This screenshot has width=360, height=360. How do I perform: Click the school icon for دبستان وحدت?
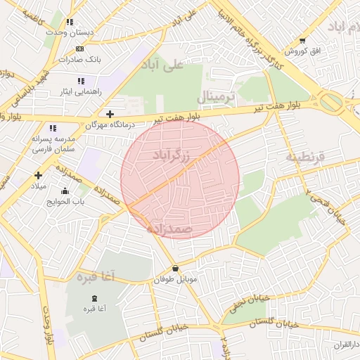[70, 22]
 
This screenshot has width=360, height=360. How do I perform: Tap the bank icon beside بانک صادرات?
[79, 49]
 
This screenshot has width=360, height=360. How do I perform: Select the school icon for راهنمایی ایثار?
[81, 81]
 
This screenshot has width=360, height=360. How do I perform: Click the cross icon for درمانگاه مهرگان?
[109, 113]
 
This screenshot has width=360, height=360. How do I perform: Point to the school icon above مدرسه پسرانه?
[52, 128]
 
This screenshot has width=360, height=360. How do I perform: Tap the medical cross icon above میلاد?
[38, 174]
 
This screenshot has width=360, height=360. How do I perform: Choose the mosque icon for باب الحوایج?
[65, 191]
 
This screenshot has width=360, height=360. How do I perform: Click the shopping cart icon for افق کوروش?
[302, 41]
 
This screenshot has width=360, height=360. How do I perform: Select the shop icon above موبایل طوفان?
[175, 269]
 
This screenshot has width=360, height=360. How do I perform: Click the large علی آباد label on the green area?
[162, 65]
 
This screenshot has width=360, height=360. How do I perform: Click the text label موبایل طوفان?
[175, 280]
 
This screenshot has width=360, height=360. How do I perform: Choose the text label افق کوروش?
[302, 52]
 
